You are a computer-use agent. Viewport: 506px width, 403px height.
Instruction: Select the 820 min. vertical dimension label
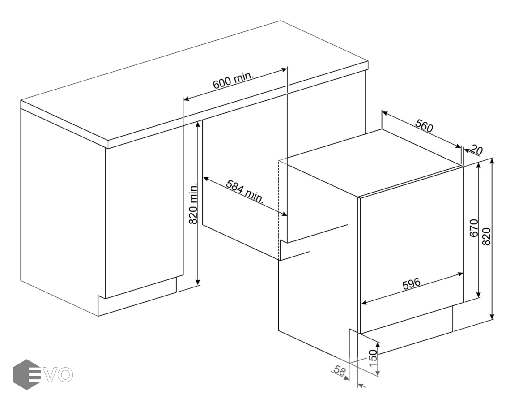pyautogui.click(x=193, y=204)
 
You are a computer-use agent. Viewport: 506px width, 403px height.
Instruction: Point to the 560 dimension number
pyautogui.click(x=424, y=126)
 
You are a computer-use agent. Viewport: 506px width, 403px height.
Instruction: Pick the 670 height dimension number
pyautogui.click(x=474, y=228)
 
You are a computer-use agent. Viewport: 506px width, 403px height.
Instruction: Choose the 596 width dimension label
pyautogui.click(x=412, y=283)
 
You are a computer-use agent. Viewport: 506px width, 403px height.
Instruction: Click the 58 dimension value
pyautogui.click(x=340, y=370)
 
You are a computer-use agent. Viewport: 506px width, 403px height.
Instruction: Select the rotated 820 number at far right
pyautogui.click(x=486, y=236)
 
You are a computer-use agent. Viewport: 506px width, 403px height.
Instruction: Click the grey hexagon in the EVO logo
pyautogui.click(x=26, y=374)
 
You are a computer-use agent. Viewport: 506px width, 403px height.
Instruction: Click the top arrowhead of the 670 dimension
pyautogui.click(x=478, y=165)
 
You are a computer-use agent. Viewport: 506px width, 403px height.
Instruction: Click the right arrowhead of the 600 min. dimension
pyautogui.click(x=284, y=69)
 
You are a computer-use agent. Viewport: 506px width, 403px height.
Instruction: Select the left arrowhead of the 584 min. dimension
pyautogui.click(x=206, y=178)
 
